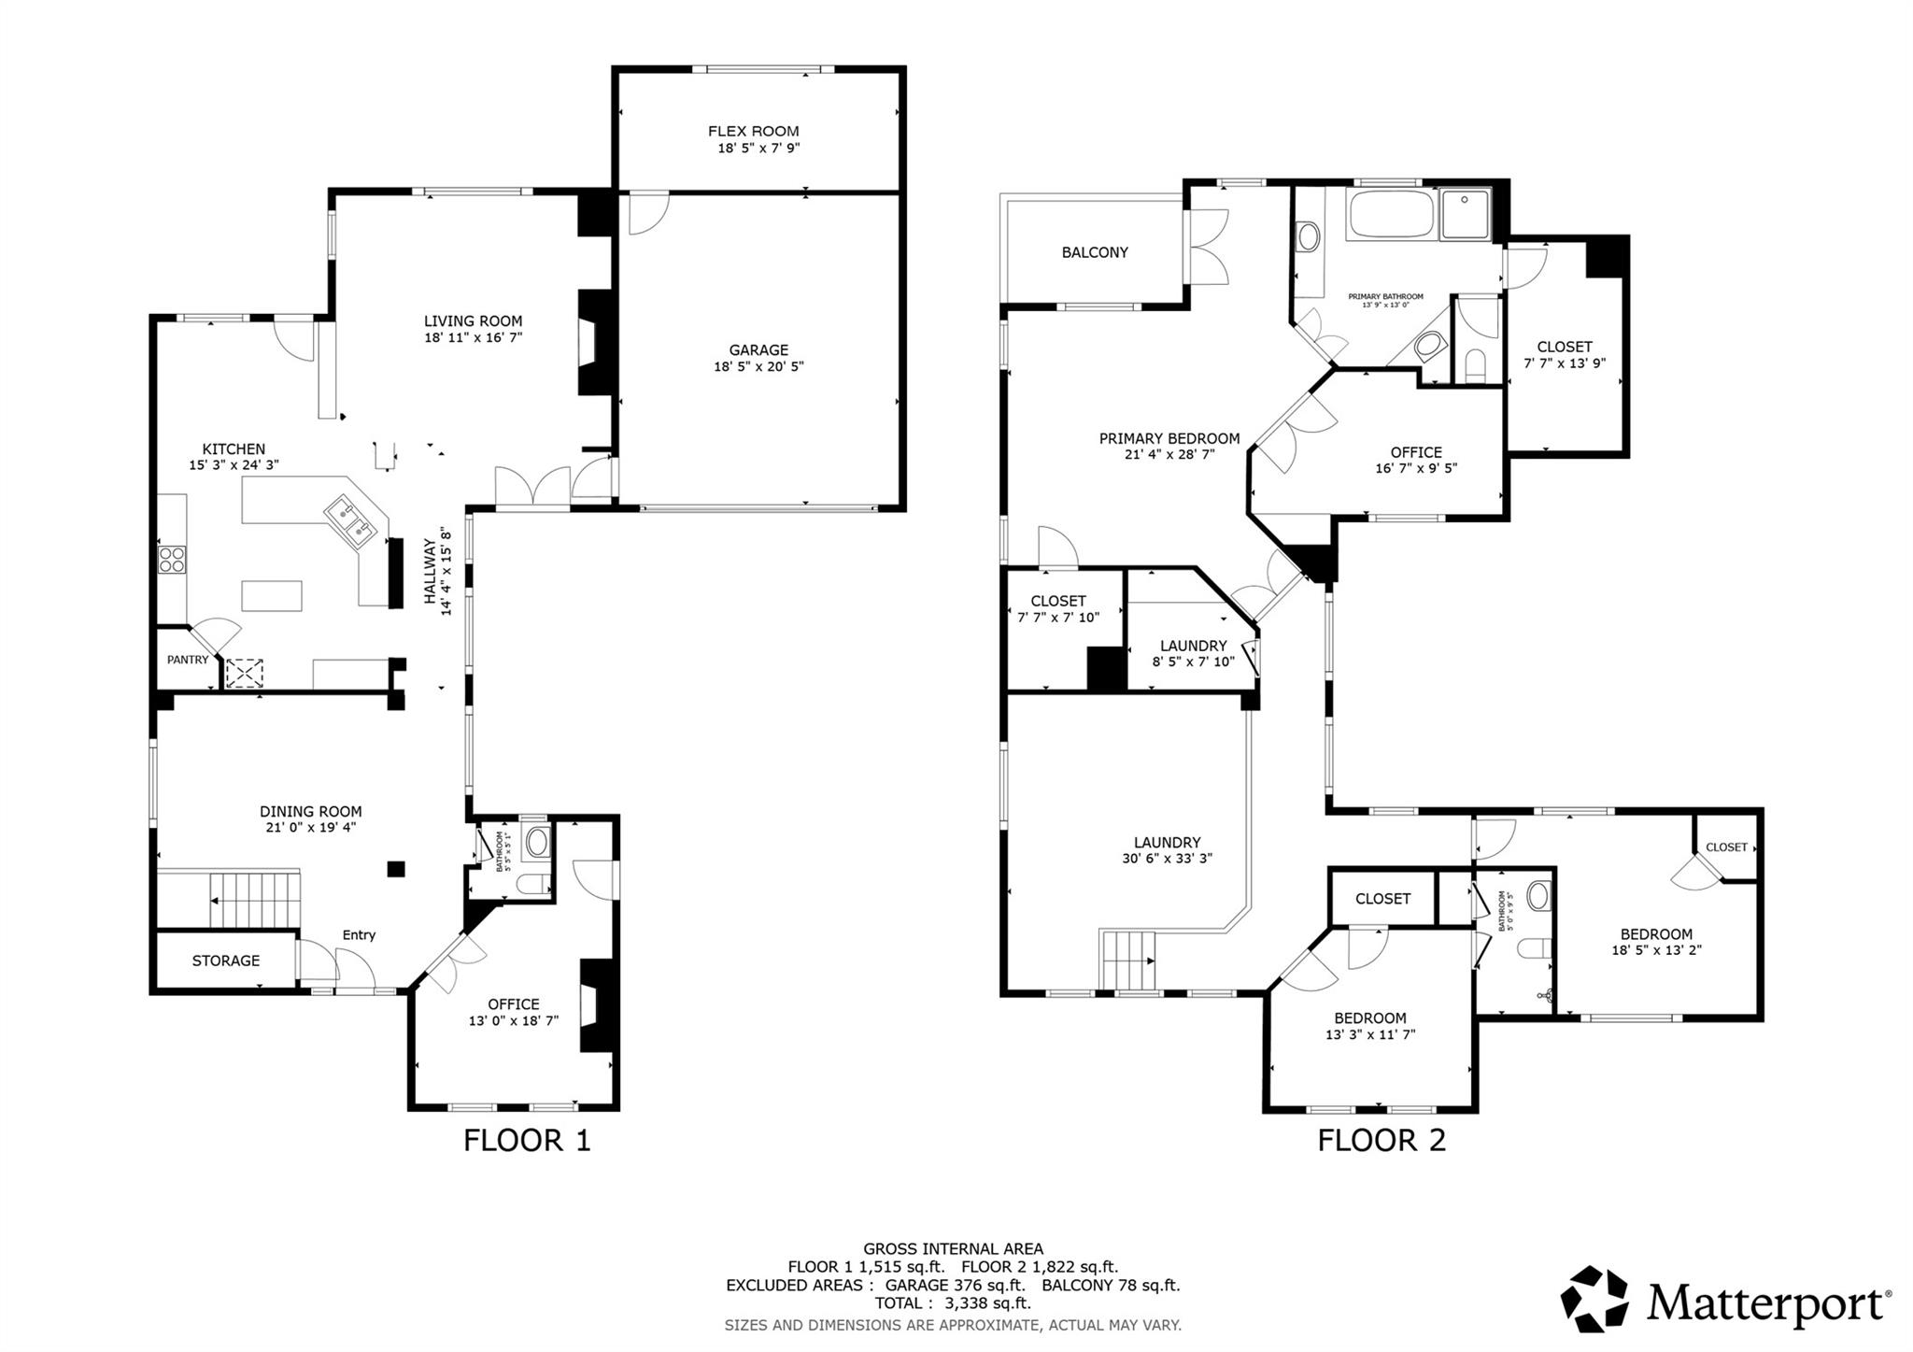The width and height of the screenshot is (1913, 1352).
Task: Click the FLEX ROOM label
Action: [x=753, y=132]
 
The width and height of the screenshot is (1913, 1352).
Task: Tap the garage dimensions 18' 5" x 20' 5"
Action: [x=758, y=367]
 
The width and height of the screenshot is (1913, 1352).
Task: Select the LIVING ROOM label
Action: [x=473, y=321]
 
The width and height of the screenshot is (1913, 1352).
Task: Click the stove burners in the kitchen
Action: [x=172, y=560]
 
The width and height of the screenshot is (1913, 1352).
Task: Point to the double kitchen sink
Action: [x=350, y=519]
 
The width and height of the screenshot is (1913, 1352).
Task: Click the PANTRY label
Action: [x=188, y=660]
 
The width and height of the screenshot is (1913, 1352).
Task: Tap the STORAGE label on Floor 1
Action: [x=226, y=961]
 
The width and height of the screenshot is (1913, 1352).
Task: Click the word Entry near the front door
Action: [x=359, y=935]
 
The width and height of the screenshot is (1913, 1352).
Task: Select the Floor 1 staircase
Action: [x=254, y=901]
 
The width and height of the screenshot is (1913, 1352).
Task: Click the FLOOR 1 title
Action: [x=527, y=1141]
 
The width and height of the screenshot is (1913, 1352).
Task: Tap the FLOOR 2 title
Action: [x=1382, y=1141]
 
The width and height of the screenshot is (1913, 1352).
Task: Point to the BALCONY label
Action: [x=1095, y=252]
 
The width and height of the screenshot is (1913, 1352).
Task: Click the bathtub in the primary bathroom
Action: [x=1391, y=215]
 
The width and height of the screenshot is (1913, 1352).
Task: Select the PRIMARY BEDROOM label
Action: [x=1169, y=438]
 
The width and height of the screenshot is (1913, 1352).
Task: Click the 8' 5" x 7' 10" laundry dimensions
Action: [x=1194, y=662]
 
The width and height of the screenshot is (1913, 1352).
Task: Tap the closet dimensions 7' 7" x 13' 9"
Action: [x=1565, y=363]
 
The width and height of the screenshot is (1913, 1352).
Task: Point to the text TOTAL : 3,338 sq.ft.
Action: [x=953, y=1303]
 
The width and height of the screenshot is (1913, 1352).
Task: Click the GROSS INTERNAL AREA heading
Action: [x=953, y=1249]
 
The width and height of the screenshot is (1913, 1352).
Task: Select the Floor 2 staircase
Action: [x=1129, y=959]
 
